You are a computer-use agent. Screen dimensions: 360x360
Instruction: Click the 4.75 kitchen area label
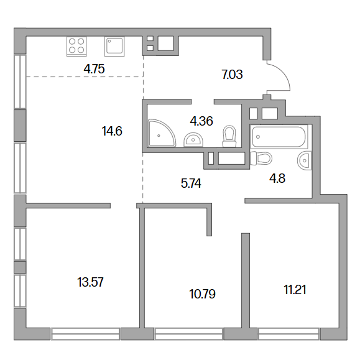[x=94, y=69]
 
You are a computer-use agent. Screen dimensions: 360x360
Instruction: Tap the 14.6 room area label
[x=112, y=131]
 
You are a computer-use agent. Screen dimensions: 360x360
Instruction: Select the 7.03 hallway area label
[x=232, y=75]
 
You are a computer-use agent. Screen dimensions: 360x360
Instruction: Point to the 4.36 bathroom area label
[x=201, y=121]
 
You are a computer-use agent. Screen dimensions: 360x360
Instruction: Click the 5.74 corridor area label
[x=191, y=183]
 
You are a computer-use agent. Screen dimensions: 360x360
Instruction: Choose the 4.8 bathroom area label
[x=277, y=178]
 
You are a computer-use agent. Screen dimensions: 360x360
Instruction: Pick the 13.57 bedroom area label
[x=90, y=282]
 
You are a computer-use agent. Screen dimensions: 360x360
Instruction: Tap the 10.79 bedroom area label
[x=203, y=294]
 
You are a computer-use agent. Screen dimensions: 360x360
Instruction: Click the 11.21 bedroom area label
[x=295, y=290]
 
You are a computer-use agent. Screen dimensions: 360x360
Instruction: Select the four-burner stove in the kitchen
[x=76, y=47]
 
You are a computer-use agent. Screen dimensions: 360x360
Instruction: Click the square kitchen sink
[x=114, y=47]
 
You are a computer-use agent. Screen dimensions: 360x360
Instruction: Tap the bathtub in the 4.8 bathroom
[x=279, y=137]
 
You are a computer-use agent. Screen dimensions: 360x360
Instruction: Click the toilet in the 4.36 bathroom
[x=229, y=136]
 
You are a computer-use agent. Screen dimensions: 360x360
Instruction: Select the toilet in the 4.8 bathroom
[x=261, y=158]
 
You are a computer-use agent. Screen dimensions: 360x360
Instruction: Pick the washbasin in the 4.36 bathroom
[x=193, y=139]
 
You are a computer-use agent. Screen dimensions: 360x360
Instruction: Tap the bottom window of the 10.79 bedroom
[x=189, y=334]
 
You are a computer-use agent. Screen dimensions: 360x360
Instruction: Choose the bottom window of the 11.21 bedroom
[x=288, y=334]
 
